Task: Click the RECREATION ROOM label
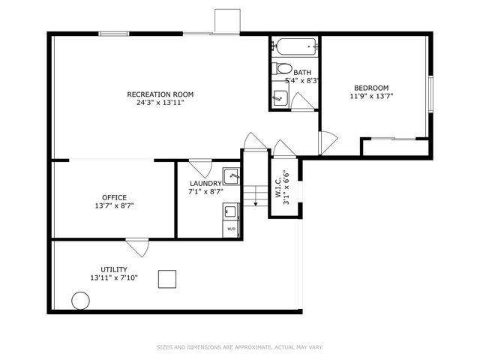[160, 94]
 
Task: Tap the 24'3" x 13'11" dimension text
[160, 103]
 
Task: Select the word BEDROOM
[372, 88]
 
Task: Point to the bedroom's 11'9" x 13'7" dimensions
[372, 96]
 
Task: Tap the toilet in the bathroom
[283, 69]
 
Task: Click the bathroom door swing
[302, 102]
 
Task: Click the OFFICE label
[114, 197]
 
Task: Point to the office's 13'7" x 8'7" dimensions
[114, 205]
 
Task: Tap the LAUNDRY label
[205, 184]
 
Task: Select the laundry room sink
[231, 177]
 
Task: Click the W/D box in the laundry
[231, 227]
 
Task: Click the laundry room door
[199, 167]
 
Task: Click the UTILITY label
[114, 269]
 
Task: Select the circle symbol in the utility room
[80, 301]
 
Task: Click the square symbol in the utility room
[167, 279]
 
